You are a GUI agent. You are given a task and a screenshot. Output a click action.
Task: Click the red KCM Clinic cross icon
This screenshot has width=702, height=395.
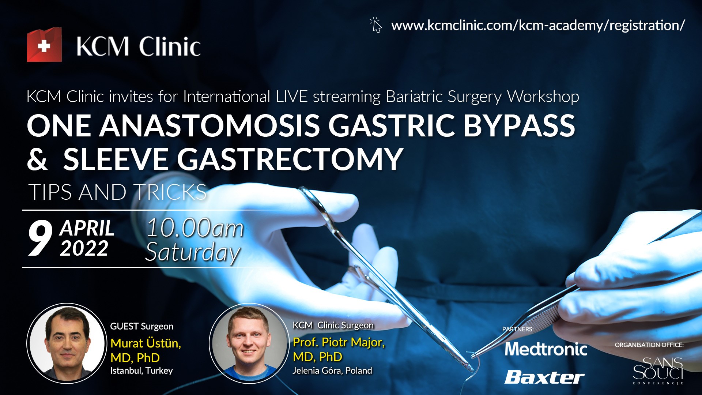pos(44,45)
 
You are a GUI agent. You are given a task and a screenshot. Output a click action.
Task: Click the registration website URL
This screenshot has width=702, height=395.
pos(538,26)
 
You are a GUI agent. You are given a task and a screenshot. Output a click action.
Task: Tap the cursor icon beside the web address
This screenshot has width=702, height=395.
pos(376,25)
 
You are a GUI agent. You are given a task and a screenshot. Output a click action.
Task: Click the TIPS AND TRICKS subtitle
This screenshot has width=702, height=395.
pos(117,192)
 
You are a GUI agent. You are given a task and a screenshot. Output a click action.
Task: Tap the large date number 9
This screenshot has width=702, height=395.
pos(40,238)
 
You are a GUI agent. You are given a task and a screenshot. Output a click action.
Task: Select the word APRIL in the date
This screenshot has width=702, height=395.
pos(87,228)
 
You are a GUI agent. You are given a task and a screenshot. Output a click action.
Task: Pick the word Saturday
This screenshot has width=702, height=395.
pos(193,252)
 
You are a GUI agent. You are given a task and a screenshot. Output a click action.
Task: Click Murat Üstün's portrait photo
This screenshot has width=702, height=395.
pos(67,343)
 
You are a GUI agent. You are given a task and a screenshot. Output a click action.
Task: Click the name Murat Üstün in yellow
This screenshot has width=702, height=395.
pos(146,343)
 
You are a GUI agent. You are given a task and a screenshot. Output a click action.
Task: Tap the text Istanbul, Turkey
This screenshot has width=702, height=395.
pos(141,370)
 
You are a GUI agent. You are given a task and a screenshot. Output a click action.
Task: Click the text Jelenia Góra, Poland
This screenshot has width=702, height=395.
pos(332,370)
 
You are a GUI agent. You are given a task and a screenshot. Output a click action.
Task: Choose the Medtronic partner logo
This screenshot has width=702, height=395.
pos(546,349)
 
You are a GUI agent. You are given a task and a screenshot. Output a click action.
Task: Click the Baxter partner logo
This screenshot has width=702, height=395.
pos(544,377)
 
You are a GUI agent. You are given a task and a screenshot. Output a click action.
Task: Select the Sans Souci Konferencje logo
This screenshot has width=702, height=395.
pos(658,370)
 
